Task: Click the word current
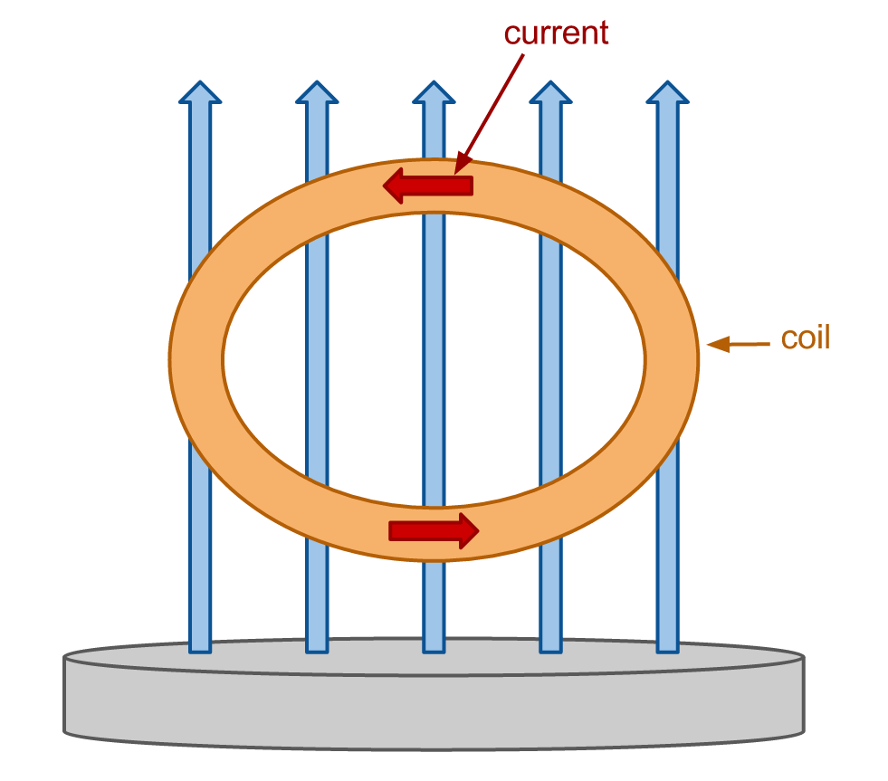556,33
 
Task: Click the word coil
806,338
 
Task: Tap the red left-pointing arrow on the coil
428,186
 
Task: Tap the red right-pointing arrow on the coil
434,531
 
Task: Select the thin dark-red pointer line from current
489,114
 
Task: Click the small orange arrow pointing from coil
739,344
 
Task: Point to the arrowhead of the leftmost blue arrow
200,91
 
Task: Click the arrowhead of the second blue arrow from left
317,91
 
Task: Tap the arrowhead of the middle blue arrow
434,91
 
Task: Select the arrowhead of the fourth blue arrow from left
550,91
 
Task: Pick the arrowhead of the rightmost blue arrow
668,91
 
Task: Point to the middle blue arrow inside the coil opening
434,360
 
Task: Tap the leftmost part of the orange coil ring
196,360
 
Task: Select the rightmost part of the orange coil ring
673,360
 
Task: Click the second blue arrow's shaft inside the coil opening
317,360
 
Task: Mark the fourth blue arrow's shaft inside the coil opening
550,360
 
